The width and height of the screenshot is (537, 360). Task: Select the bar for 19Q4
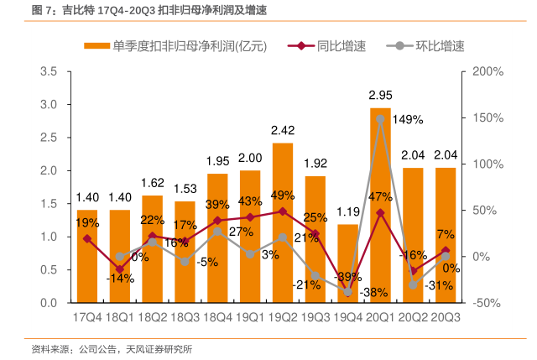pos(347,264)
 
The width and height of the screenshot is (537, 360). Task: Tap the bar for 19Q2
pos(282,222)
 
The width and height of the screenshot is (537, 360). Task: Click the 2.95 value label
pos(381,96)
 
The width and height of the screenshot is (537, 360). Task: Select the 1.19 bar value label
pos(347,211)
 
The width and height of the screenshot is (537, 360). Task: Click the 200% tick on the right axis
pos(487,72)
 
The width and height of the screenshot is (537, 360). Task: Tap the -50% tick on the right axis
pos(487,302)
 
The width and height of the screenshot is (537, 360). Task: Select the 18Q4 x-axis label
pos(217,317)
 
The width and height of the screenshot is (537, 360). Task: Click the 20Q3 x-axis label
pos(445,317)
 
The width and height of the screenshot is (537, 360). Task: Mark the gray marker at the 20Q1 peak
pos(380,119)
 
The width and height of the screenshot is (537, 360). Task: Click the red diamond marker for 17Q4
pos(87,238)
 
